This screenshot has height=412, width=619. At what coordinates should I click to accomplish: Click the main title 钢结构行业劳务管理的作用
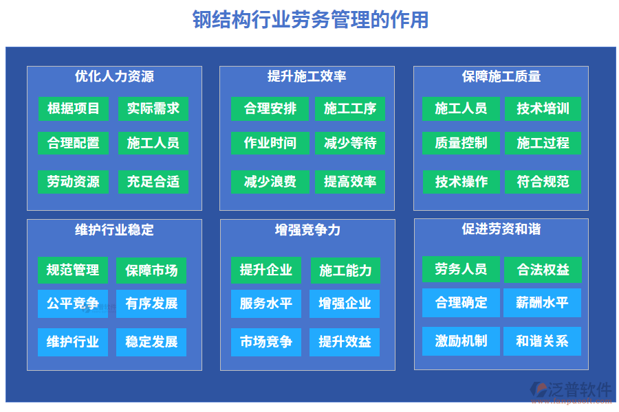tap(310, 20)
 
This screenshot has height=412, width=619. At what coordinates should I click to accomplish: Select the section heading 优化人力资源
tap(114, 76)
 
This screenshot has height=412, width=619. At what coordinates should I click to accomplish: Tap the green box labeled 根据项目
tap(74, 108)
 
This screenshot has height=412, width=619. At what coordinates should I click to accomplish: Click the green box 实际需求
tap(153, 108)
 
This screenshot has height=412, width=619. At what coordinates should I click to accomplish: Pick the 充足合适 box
tap(153, 182)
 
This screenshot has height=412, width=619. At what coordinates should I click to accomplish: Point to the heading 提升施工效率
tap(307, 76)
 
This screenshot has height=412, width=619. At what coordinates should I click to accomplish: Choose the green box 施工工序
tap(350, 108)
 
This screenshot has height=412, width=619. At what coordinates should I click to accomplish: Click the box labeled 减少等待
tap(350, 143)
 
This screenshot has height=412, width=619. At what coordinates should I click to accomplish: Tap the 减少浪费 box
tap(270, 182)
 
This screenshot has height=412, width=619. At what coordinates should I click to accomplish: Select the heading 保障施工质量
tap(501, 76)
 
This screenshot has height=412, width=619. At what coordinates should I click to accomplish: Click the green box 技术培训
tap(543, 108)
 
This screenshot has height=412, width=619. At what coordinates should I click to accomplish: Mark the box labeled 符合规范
tap(543, 182)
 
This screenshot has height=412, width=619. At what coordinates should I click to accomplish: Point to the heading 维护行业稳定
tap(114, 229)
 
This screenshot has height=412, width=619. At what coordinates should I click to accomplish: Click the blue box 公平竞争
tap(73, 304)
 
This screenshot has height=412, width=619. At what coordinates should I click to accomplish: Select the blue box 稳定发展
tap(151, 342)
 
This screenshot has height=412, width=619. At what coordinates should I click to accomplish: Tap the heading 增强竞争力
tap(307, 229)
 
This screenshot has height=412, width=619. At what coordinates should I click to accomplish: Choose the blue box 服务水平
tap(266, 304)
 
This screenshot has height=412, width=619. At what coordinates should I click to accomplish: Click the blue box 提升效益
tap(345, 342)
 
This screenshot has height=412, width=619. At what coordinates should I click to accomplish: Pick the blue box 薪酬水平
tap(543, 303)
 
